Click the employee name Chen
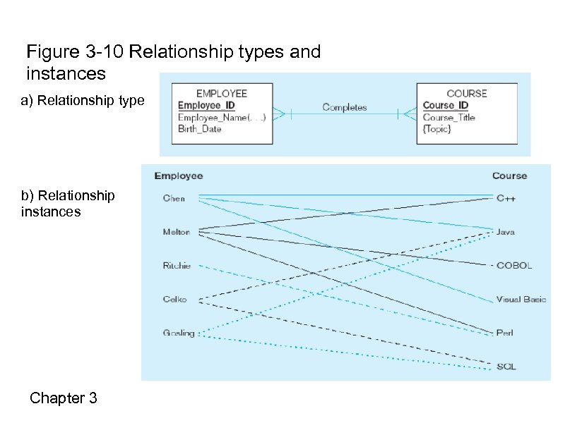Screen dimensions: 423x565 pyautogui.click(x=174, y=198)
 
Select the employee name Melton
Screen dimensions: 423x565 pyautogui.click(x=177, y=232)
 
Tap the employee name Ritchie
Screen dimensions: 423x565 pyautogui.click(x=177, y=266)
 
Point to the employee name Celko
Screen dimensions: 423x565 pyautogui.click(x=175, y=299)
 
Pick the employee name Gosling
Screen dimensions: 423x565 pyautogui.click(x=179, y=333)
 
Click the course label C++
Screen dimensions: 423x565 pyautogui.click(x=506, y=198)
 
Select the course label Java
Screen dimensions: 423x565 pyautogui.click(x=505, y=232)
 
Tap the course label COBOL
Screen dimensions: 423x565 pyautogui.click(x=514, y=266)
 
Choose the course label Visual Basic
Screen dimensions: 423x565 pyautogui.click(x=521, y=299)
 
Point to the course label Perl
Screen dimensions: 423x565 pyautogui.click(x=504, y=333)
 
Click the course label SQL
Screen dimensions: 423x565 pyautogui.click(x=506, y=367)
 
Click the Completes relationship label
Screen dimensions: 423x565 pyautogui.click(x=345, y=108)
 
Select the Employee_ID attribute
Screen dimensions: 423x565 pyautogui.click(x=206, y=106)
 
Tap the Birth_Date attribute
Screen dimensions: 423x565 pyautogui.click(x=200, y=129)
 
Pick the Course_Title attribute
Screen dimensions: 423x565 pyautogui.click(x=449, y=118)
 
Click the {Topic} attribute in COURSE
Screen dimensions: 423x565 pyautogui.click(x=437, y=129)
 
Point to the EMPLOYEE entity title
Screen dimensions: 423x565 pyautogui.click(x=222, y=93)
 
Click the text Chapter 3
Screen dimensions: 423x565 pyautogui.click(x=63, y=398)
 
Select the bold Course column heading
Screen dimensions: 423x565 pyautogui.click(x=509, y=176)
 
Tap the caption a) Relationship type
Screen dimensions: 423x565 pyautogui.click(x=83, y=101)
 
